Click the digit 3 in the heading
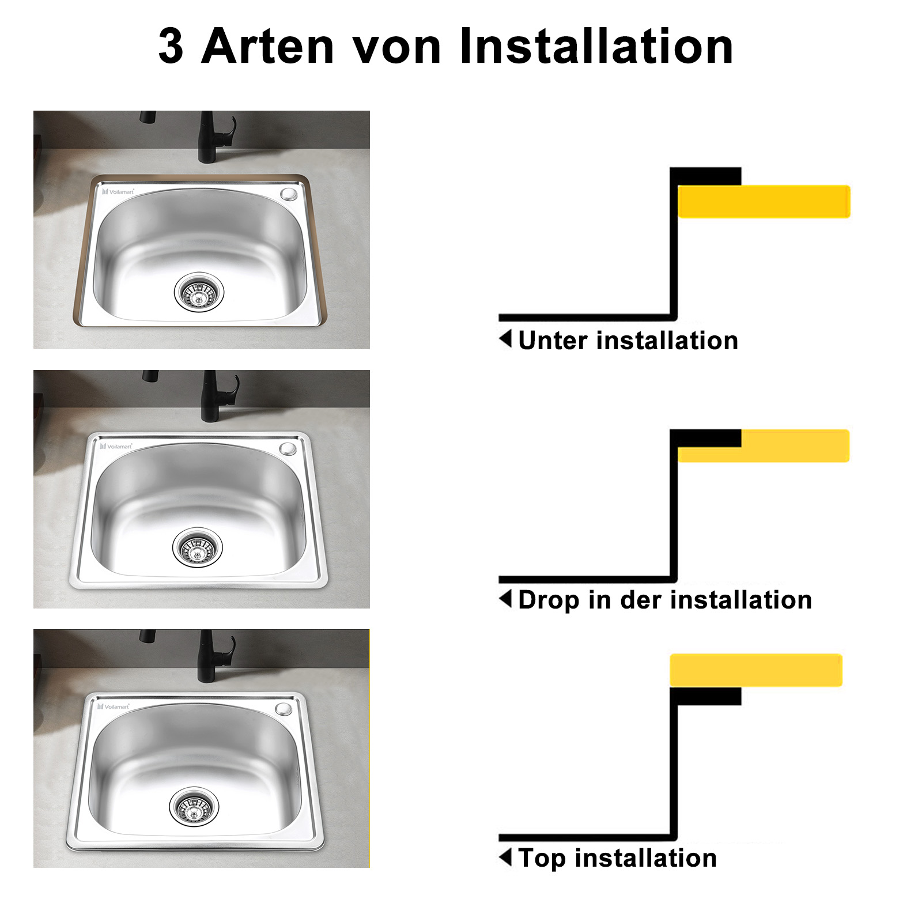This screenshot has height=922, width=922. (x=171, y=46)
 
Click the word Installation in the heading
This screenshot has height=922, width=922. (x=596, y=46)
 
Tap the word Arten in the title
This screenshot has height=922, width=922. (x=267, y=46)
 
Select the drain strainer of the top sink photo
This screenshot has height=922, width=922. (x=199, y=290)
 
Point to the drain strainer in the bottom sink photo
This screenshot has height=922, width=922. (x=195, y=807)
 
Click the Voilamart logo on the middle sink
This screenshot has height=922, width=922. (x=116, y=446)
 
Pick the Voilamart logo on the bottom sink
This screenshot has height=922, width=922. (x=114, y=706)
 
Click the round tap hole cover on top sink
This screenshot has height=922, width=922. (x=288, y=194)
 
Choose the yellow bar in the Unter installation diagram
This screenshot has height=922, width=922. (x=764, y=201)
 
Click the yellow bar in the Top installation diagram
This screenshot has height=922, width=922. (x=756, y=670)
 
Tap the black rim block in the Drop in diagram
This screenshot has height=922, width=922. (x=706, y=439)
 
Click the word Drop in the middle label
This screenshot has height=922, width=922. (x=549, y=600)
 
